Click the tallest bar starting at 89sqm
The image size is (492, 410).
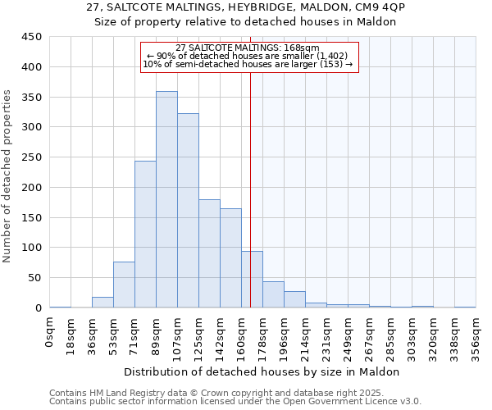point(166,199)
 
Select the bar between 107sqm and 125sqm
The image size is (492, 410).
point(188,211)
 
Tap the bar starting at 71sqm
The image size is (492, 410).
point(145,235)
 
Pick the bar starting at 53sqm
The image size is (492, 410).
point(124,285)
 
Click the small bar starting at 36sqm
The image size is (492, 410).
point(102,303)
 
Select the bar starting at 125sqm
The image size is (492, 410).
point(209,253)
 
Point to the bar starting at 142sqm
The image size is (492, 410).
point(230,258)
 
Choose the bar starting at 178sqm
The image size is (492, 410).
point(273,294)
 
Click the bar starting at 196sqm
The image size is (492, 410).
point(294,299)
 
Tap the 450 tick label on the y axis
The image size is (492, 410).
point(31,37)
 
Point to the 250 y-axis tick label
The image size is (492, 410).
point(31,157)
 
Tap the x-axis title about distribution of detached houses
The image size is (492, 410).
point(262,371)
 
